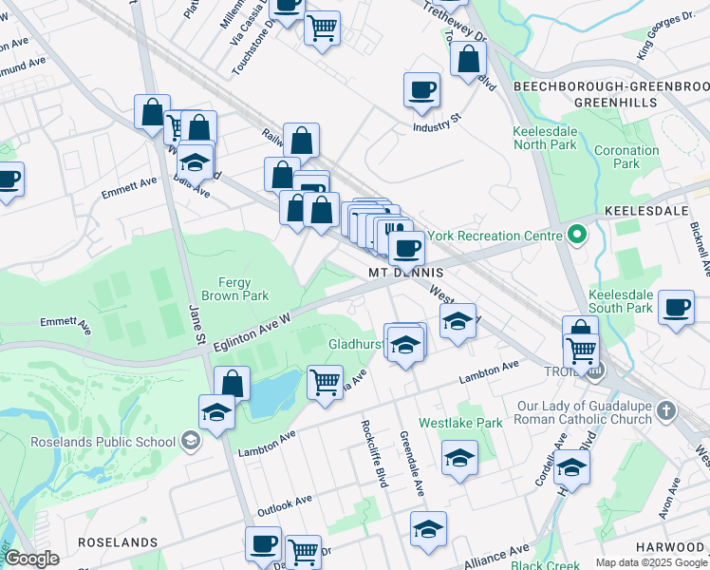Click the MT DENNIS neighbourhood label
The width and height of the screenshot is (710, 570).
[406, 273]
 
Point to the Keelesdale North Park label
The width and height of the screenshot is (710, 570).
[545, 138]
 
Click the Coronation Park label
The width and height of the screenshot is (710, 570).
[626, 157]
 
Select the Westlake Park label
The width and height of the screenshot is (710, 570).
[449, 423]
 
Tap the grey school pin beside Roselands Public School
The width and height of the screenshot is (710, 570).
[191, 441]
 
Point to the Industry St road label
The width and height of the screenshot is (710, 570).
[436, 123]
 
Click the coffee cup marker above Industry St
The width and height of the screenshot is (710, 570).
[421, 91]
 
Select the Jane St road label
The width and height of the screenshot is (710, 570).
[196, 325]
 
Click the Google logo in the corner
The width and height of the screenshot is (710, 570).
[31, 559]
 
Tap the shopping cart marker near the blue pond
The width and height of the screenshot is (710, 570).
[325, 382]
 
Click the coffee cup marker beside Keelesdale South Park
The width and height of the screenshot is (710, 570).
[676, 307]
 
